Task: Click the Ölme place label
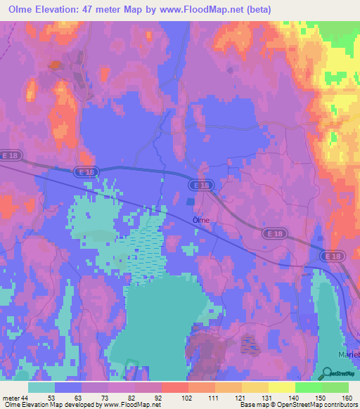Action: click(201, 219)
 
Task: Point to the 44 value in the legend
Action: click(25, 398)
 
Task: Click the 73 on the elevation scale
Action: click(105, 398)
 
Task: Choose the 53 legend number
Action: click(52, 398)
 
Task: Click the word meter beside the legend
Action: click(11, 398)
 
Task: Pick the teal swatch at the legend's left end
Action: click(41, 387)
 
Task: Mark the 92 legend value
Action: click(158, 398)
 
